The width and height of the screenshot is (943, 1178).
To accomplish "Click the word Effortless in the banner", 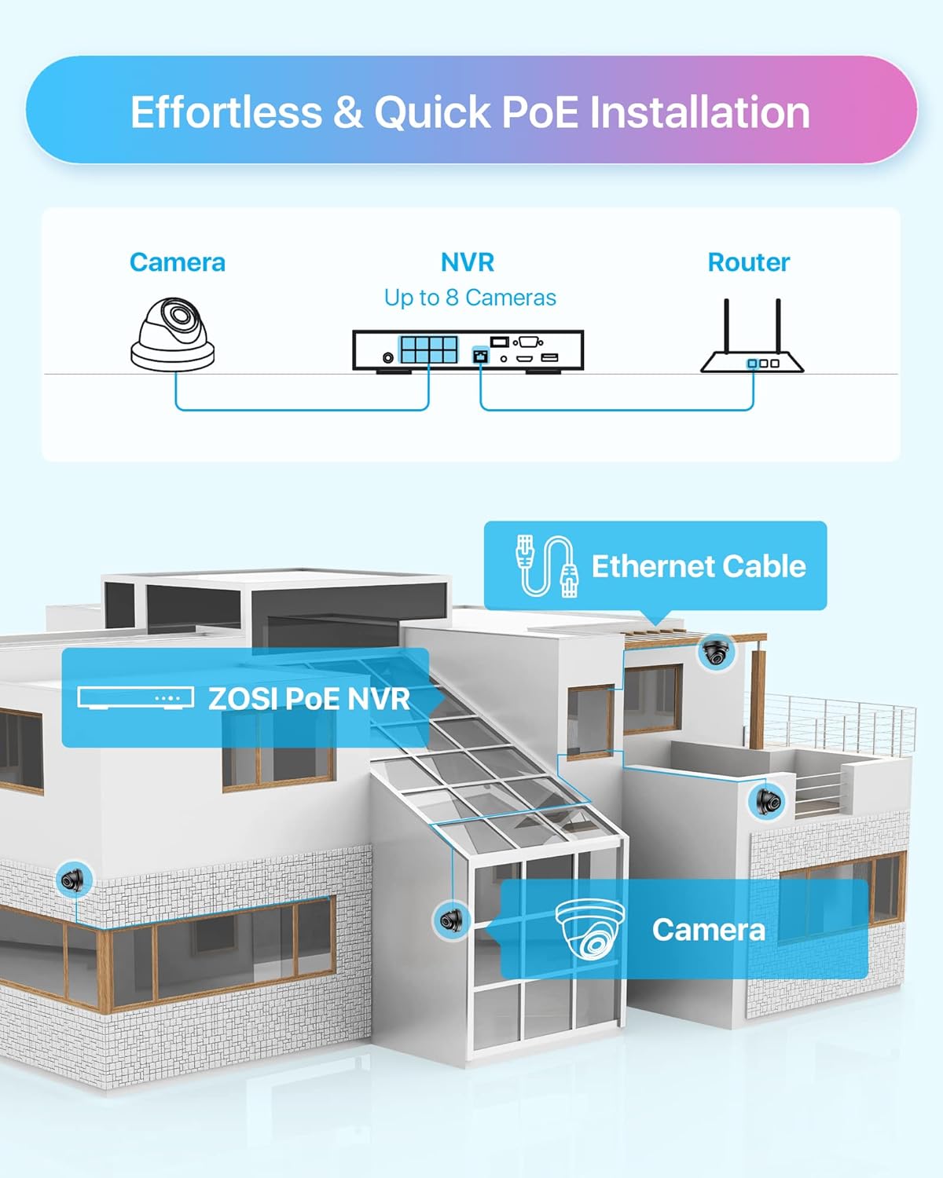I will coord(226,112).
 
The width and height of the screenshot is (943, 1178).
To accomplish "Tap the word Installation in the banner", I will coord(699,112).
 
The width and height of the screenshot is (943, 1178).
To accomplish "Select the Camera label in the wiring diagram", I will coord(177,262).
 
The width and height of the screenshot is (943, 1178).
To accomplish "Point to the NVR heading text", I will coord(468,262).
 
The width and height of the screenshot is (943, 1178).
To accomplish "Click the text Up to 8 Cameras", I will coord(470,298).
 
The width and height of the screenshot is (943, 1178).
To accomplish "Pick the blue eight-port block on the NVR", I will coord(428,349).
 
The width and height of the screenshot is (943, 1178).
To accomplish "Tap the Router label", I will coord(748,262).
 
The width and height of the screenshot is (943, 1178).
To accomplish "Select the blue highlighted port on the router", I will coord(753,364).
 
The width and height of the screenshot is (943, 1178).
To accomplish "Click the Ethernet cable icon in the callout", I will coord(546,565).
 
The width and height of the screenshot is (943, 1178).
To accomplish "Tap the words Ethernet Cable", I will coord(699,566).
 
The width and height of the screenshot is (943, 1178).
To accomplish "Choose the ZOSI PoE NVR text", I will coord(309,699).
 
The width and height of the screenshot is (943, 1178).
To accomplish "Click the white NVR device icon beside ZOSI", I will coord(135,697).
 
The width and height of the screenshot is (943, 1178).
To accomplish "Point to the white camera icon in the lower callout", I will coord(590,929).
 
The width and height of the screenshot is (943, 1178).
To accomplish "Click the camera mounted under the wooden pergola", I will coord(716,652).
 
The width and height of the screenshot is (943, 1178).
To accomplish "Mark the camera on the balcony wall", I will coord(768,801).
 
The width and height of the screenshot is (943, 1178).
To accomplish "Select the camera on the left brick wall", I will coord(75,880).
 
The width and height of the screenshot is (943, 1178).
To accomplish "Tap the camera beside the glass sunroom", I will coord(451,919).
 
